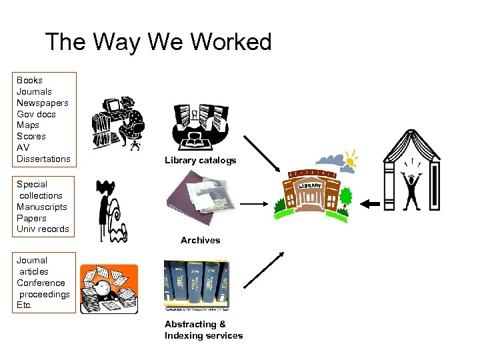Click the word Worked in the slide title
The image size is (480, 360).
(x=231, y=42)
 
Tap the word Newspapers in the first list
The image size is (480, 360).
(x=42, y=103)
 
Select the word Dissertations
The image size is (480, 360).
(x=43, y=159)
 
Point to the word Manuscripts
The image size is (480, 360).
(x=43, y=207)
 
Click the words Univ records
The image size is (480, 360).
(x=43, y=229)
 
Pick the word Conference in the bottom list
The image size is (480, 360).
(x=41, y=283)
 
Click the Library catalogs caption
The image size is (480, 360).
(x=200, y=161)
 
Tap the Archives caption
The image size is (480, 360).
(x=200, y=240)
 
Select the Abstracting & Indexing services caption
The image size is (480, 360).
(x=203, y=330)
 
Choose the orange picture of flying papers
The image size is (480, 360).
(x=109, y=289)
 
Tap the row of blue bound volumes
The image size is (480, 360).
(x=196, y=285)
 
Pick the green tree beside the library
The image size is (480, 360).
(x=345, y=197)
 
